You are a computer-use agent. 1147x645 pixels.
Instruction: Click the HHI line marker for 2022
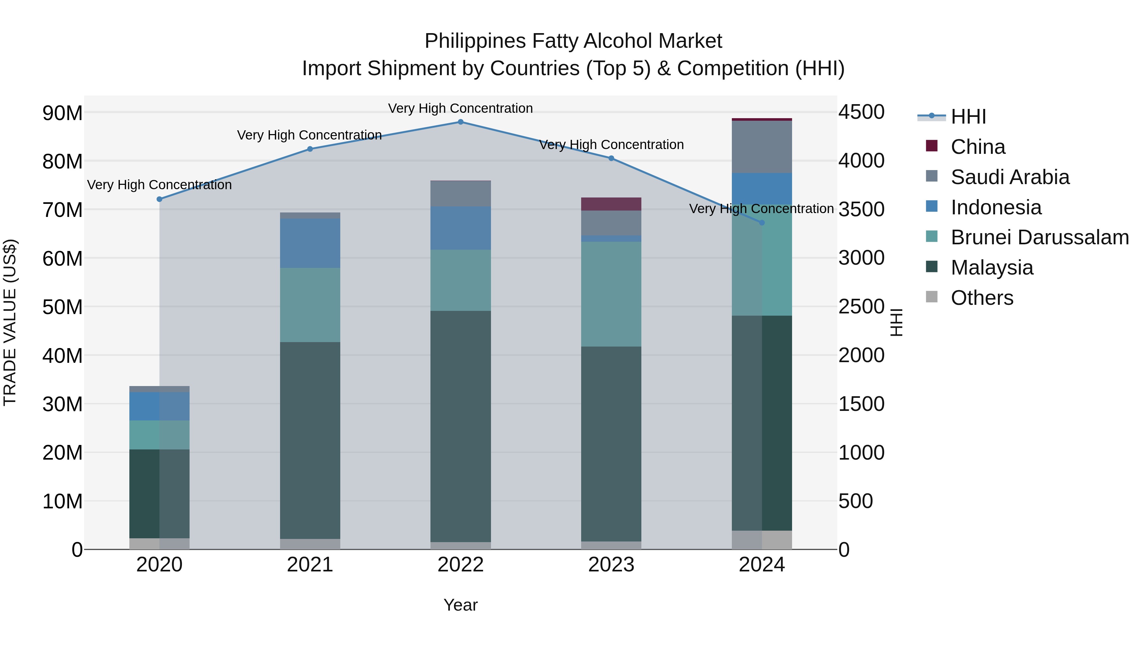coord(460,122)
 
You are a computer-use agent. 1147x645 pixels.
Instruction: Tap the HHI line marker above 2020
coord(159,199)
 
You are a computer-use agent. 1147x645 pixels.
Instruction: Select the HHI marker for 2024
coord(762,223)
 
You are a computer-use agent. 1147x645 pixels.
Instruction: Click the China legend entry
coord(978,147)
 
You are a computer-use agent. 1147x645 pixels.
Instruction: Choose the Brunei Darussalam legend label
coord(1040,237)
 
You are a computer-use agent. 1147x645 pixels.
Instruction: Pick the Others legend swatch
coord(932,297)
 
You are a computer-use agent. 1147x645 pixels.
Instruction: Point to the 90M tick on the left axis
coord(62,113)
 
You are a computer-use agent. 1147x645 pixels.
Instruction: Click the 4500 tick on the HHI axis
coord(861,112)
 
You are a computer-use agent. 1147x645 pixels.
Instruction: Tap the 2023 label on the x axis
coord(611,564)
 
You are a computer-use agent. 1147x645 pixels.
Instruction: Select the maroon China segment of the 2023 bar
coord(611,204)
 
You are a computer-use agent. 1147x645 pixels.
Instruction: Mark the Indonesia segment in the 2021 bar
coord(310,243)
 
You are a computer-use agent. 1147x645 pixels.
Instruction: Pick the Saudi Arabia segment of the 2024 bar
coord(762,147)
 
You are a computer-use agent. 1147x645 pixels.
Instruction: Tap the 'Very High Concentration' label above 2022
coord(460,108)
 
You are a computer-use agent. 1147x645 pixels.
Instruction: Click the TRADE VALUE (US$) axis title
coord(10,322)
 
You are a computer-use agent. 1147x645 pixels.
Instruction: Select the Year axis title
coord(460,605)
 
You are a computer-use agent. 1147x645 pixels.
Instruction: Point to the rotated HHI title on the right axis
coord(896,322)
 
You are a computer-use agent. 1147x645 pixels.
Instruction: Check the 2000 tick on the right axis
coord(861,355)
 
